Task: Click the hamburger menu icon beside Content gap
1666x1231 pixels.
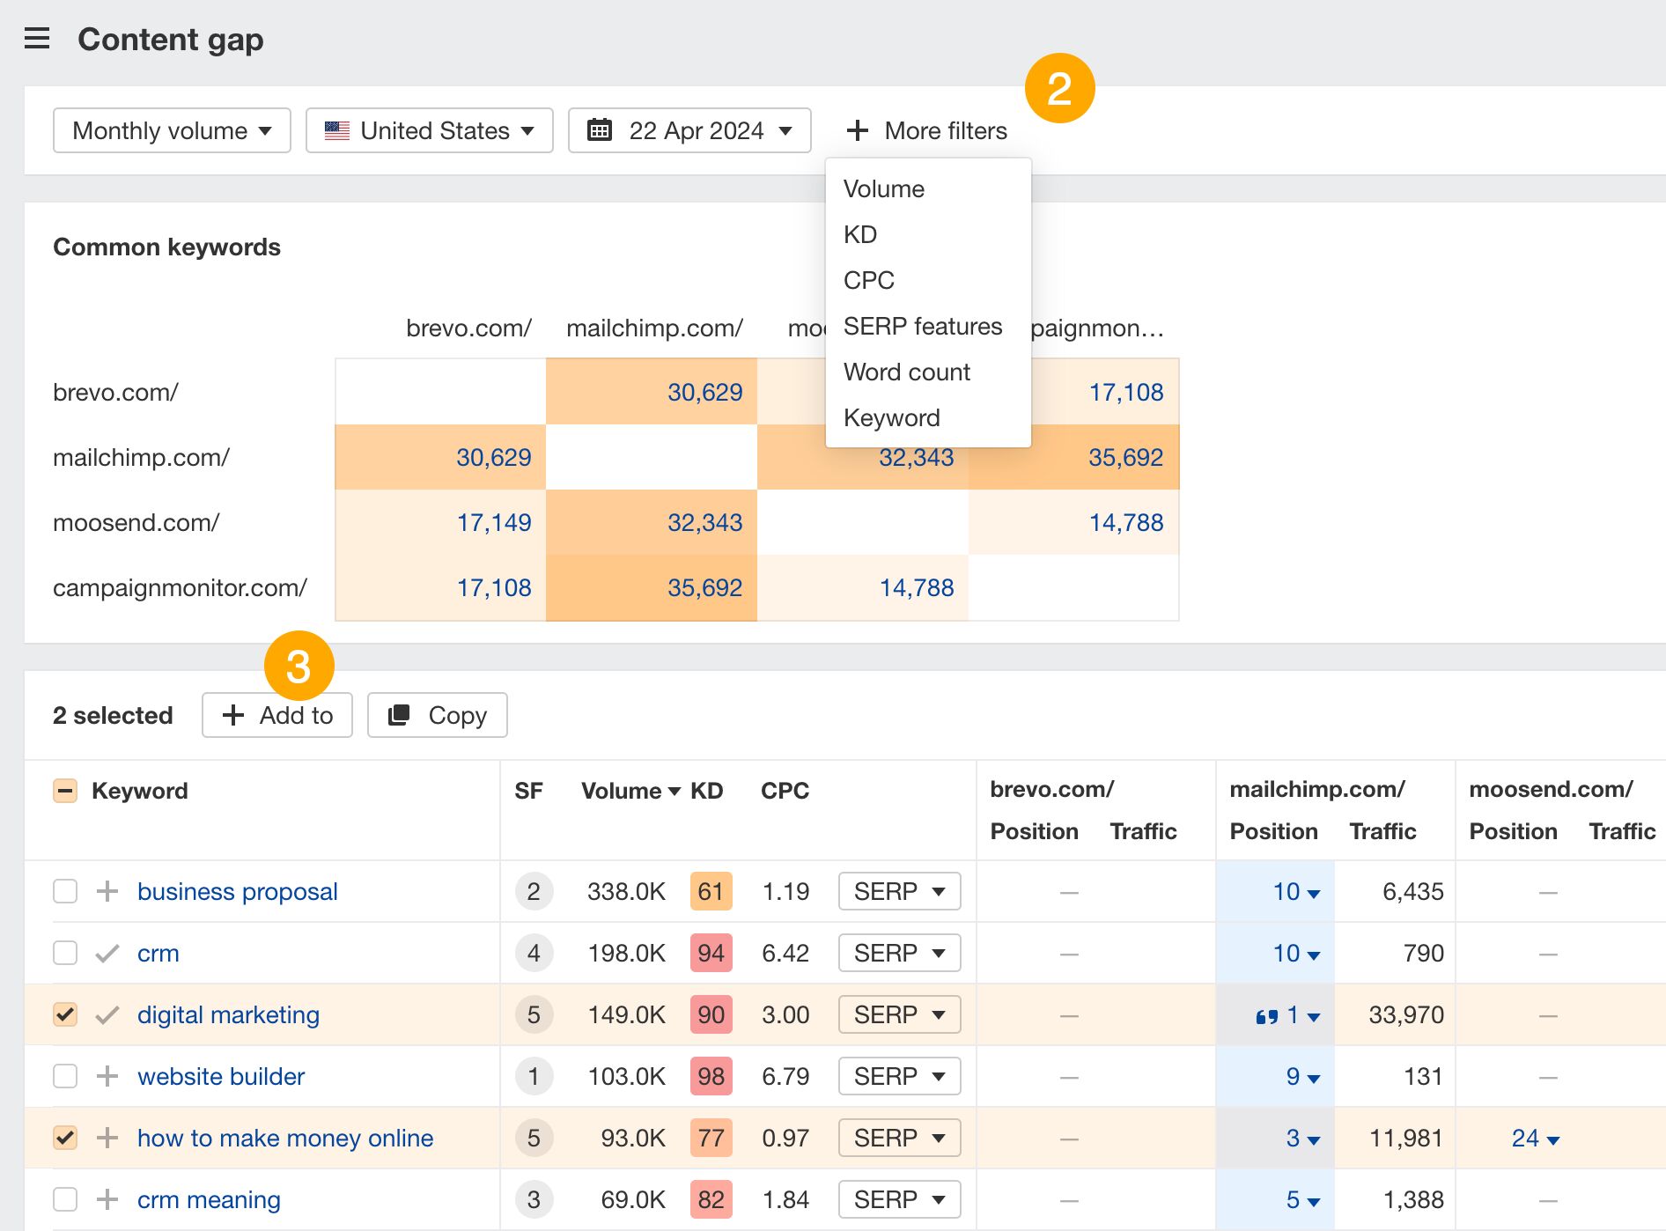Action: [37, 39]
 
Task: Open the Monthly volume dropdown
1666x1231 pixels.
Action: [172, 130]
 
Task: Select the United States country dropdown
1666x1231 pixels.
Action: [429, 130]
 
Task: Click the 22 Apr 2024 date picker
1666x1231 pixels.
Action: [689, 130]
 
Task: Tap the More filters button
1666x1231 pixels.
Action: [926, 130]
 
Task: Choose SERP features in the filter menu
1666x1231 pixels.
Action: [922, 326]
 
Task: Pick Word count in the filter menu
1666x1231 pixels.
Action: [906, 372]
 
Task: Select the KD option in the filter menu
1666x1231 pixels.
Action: [859, 234]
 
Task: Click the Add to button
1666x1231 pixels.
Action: [277, 715]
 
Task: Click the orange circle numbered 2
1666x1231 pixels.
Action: [1059, 88]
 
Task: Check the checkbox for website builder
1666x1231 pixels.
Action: [65, 1076]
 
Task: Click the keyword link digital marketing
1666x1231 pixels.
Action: [228, 1014]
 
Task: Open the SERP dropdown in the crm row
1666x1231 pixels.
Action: [899, 953]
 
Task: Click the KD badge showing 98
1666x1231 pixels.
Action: [711, 1076]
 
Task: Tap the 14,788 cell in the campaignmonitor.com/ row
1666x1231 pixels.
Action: [916, 587]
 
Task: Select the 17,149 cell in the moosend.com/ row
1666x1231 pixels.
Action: [493, 522]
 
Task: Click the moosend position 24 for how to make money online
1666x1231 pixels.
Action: [1534, 1138]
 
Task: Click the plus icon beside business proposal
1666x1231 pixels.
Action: [107, 891]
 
